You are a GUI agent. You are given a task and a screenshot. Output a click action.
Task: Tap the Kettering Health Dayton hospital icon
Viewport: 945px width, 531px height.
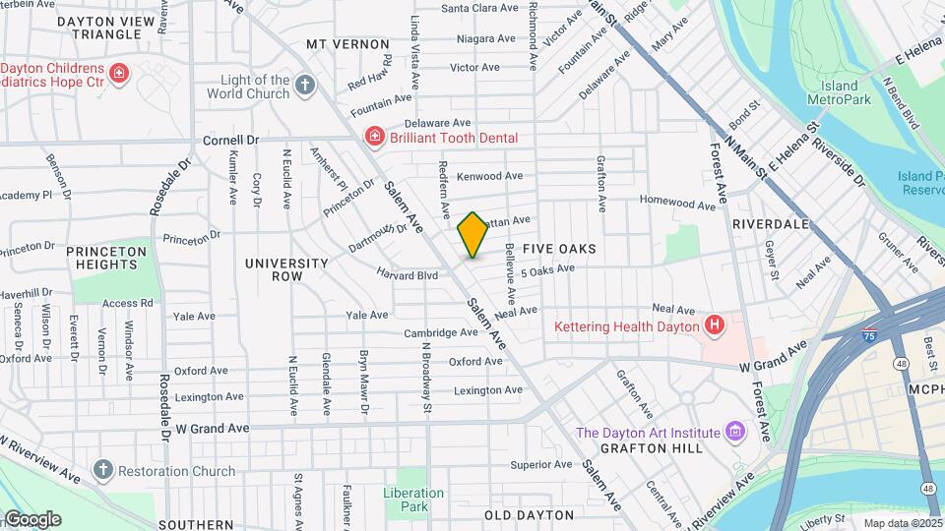tap(716, 324)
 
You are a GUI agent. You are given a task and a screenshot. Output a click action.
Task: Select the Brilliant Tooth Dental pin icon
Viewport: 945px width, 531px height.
tap(373, 138)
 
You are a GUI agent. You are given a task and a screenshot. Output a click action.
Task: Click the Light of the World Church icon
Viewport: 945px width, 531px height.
tap(306, 86)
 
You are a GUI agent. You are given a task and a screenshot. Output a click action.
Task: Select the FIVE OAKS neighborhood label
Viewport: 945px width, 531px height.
tap(559, 249)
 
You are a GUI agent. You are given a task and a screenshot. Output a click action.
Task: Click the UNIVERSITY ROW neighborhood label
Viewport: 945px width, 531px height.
tap(286, 270)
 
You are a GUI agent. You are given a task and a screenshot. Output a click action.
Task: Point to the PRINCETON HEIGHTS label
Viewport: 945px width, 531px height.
tap(106, 258)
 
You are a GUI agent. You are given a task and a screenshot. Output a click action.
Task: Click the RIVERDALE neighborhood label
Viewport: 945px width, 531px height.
tap(770, 224)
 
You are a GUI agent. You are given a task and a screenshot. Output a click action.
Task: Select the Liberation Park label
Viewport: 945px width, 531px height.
tap(407, 500)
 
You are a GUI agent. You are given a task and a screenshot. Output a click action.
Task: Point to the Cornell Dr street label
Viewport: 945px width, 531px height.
tap(230, 141)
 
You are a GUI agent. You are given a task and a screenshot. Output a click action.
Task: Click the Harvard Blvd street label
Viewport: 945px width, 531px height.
tap(407, 275)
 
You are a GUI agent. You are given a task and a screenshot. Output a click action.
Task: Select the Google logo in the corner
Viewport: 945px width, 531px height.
tap(31, 519)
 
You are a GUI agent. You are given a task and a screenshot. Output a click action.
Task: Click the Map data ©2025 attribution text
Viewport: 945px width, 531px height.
tap(901, 522)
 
